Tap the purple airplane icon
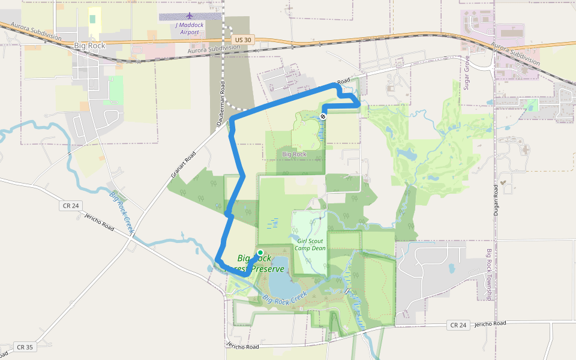point(190,16)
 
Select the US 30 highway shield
point(243,40)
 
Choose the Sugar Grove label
point(466,73)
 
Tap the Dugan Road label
point(496,202)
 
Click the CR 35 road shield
point(25,347)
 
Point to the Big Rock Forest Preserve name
point(259,263)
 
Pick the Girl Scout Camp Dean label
point(310,244)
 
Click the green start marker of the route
point(260,253)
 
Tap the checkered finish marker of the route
point(323,116)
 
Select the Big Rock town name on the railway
point(89,46)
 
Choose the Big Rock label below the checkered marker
point(294,154)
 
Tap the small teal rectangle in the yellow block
point(92,19)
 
